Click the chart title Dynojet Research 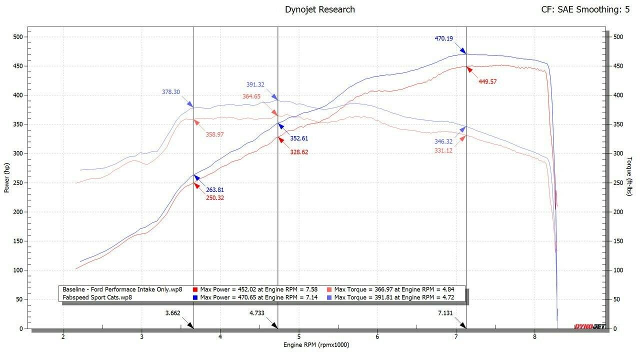coord(319,9)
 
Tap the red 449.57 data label coord(487,81)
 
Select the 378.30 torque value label coord(171,92)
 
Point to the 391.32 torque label coord(255,84)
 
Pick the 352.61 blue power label coord(299,139)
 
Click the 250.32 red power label coord(215,198)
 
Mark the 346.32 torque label coord(443,142)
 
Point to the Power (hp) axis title coord(7,177)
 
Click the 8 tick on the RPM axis coord(534,336)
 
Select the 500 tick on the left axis coord(18,36)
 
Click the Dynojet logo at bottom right coord(587,326)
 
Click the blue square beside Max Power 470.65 coord(195,297)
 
